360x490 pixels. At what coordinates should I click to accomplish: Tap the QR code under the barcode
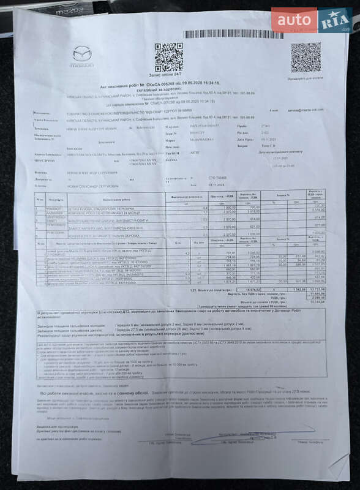[169, 57]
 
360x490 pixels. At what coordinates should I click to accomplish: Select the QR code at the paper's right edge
[306, 58]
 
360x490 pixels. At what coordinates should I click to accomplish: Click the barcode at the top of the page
[233, 34]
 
